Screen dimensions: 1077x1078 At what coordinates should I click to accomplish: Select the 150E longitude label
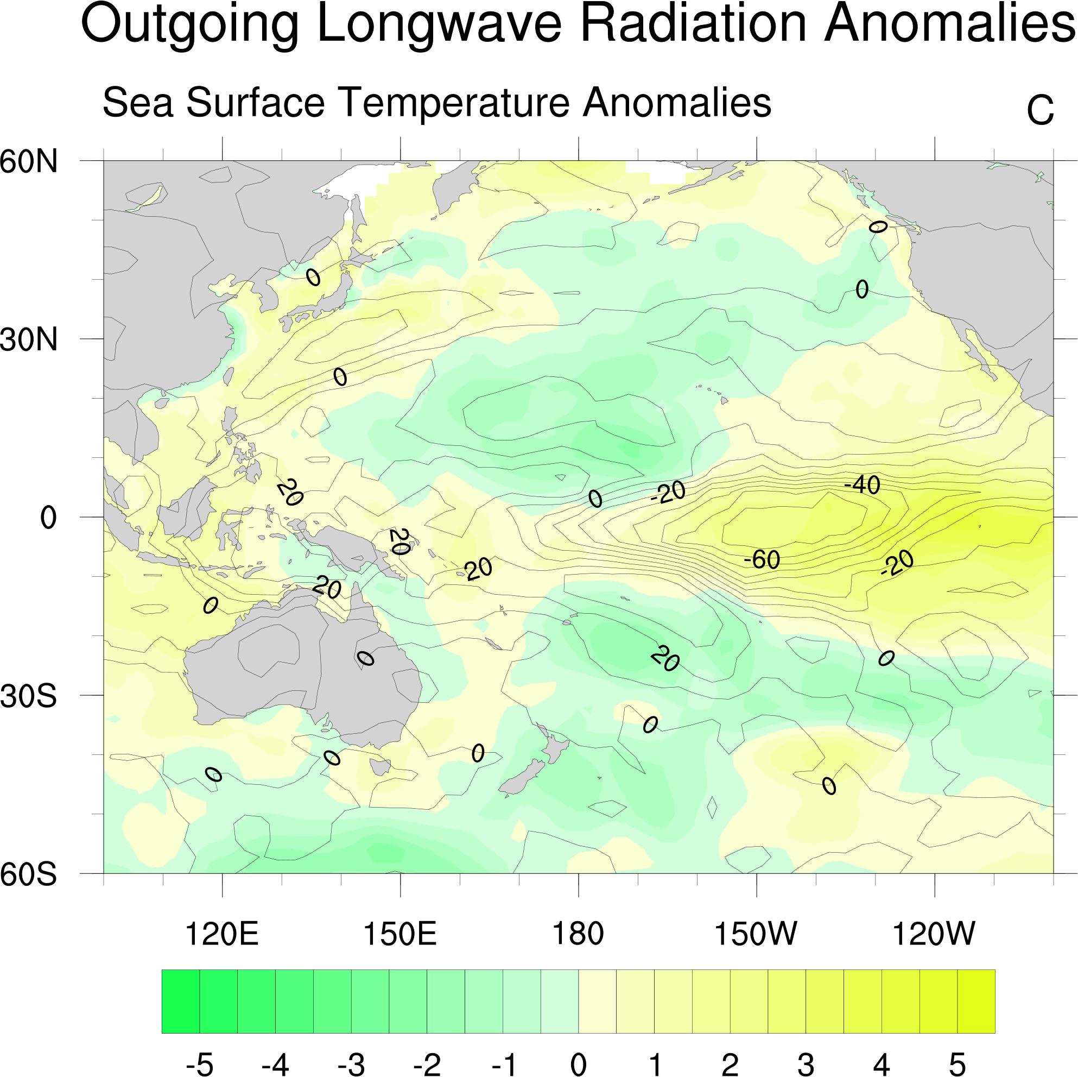400,934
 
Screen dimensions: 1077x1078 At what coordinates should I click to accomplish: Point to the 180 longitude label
578,934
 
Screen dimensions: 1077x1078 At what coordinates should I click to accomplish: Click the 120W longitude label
934,934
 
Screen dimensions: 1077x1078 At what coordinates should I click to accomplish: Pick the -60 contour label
762,559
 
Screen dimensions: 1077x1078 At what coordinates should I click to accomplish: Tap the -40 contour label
862,484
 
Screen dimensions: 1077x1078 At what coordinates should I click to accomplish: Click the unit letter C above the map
1040,111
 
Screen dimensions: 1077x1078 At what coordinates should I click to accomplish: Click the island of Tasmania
380,766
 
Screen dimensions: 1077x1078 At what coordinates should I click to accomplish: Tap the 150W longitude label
756,934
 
